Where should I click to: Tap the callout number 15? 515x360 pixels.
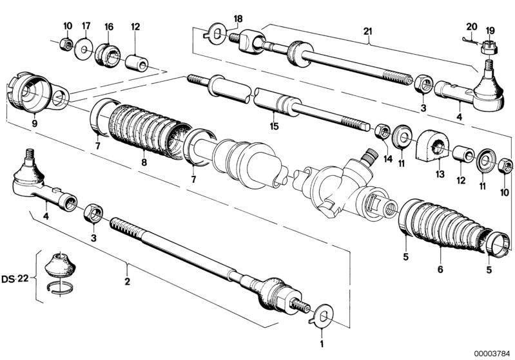(x=274, y=126)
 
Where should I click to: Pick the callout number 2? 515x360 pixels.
(x=128, y=281)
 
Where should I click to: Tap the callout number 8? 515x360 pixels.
(x=144, y=163)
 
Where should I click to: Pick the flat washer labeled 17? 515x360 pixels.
(x=84, y=49)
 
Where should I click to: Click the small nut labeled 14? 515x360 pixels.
(x=382, y=133)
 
